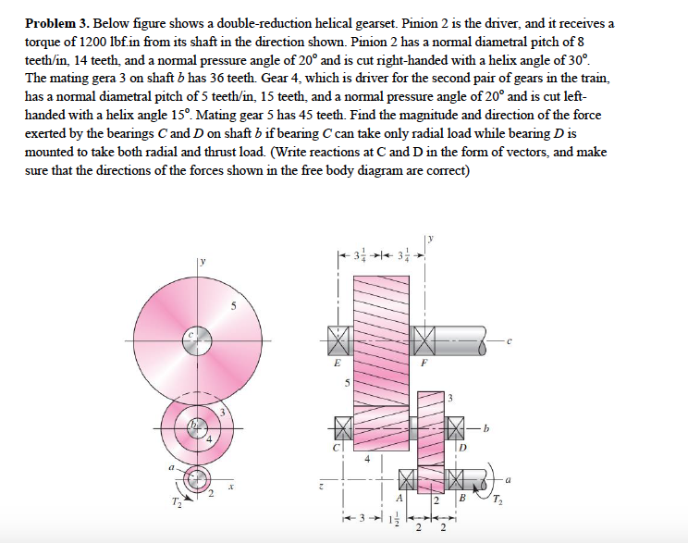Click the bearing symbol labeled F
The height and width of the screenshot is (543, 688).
(427, 341)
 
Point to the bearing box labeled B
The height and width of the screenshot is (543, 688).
(454, 479)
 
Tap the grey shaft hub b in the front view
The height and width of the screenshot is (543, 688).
(194, 427)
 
